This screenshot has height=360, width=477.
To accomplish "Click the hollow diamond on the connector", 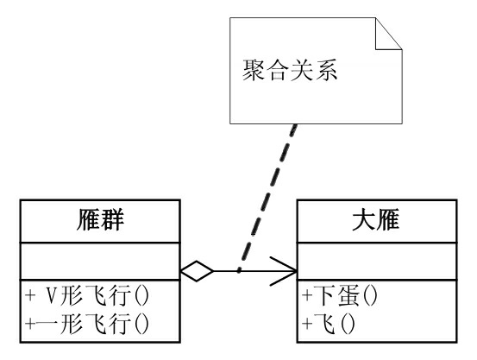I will pyautogui.click(x=197, y=271).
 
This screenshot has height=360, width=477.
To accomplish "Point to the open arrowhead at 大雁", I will pyautogui.click(x=285, y=271).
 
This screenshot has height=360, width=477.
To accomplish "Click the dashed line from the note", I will pyautogui.click(x=267, y=190).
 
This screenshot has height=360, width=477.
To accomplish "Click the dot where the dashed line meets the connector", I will pyautogui.click(x=239, y=271).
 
